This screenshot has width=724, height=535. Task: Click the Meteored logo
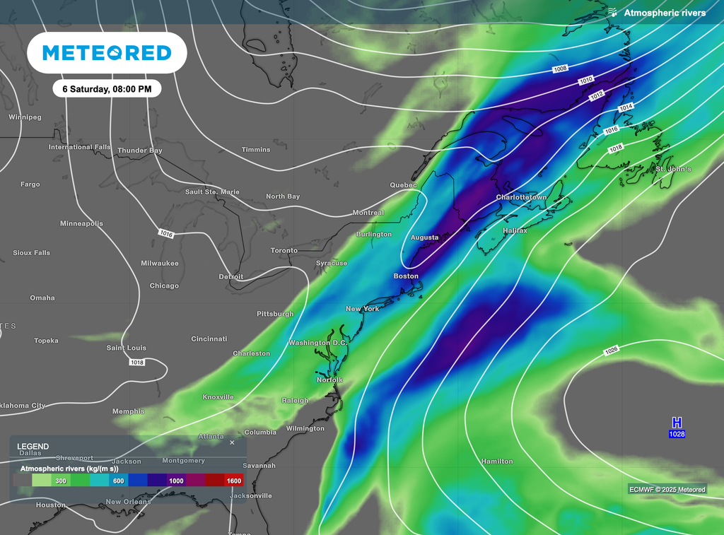point(107,53)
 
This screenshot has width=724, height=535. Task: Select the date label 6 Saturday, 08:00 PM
point(107,89)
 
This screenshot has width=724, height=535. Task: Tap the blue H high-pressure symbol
point(677,423)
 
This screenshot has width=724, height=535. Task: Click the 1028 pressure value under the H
point(677,434)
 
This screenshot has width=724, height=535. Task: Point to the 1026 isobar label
point(612,351)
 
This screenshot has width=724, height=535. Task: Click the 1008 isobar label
point(561,69)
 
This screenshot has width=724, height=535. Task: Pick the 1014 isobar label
point(626,107)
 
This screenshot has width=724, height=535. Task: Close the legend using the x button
point(232,443)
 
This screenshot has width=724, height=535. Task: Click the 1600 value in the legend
point(234,481)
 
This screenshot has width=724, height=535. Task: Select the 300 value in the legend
point(61,481)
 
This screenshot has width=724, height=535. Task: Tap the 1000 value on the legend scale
point(176,481)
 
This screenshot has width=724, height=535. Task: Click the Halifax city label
point(515,230)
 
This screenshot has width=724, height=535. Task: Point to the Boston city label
point(406,276)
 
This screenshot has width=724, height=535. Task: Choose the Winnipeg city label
point(25,117)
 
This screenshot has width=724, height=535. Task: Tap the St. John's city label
point(673,170)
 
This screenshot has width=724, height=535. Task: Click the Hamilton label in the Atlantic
point(496,461)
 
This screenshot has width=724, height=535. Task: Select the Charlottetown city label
point(521,197)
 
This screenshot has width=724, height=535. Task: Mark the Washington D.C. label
point(317,343)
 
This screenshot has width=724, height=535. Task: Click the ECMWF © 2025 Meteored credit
point(667,489)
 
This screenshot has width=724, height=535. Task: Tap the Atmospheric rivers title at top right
point(664,13)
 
